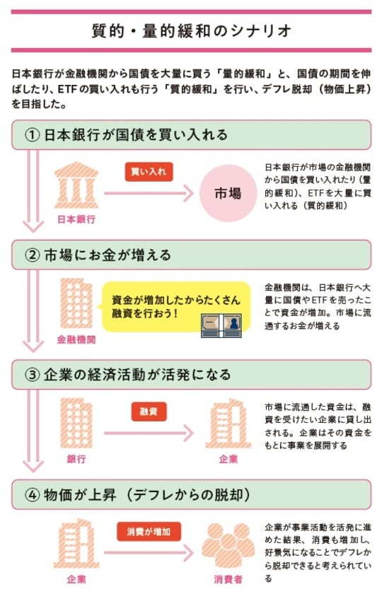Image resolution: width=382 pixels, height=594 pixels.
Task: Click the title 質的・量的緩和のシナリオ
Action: pos(192,30)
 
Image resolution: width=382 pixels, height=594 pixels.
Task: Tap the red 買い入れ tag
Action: pos(149,172)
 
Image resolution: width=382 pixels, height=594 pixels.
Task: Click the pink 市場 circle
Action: pos(228,193)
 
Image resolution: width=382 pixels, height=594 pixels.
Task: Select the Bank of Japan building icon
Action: pos(76,185)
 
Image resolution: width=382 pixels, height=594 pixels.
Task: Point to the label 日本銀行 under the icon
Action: pos(76,219)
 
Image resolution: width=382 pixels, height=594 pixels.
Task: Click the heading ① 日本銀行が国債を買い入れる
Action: pos(126,134)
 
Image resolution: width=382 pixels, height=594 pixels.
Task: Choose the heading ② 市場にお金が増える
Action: pos(98,255)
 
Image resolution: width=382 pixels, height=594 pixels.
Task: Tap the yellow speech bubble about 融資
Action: pos(176,307)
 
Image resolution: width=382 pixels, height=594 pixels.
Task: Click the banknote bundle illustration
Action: pos(221,325)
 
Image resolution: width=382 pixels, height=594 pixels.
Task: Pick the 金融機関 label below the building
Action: pos(76,339)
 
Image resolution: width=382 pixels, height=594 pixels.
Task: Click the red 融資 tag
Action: pos(149,412)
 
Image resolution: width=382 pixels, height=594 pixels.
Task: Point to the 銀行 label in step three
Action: pos(76,459)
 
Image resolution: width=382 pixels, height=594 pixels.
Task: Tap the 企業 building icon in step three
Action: pos(228,423)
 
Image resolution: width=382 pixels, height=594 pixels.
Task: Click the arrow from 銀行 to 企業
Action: pos(149,433)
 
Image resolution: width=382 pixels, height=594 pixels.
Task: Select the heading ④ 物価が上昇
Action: pos(137,495)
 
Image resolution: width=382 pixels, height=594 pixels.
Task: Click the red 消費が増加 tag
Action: pos(149,532)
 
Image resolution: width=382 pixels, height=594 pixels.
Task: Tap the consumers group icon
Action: pos(228,544)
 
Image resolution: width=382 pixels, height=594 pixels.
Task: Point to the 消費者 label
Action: pos(228,579)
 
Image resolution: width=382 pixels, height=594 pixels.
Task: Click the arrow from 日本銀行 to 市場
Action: pos(149,193)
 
